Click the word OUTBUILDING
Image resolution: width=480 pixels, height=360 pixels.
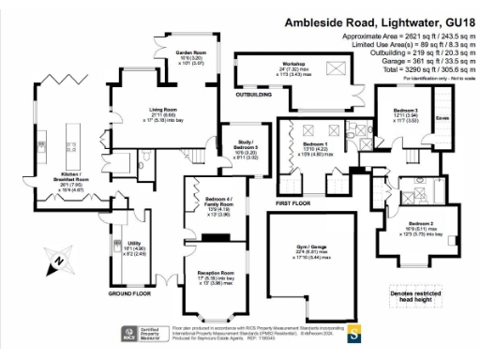tap(253, 95)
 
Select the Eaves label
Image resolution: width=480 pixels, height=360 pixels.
tap(442, 118)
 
